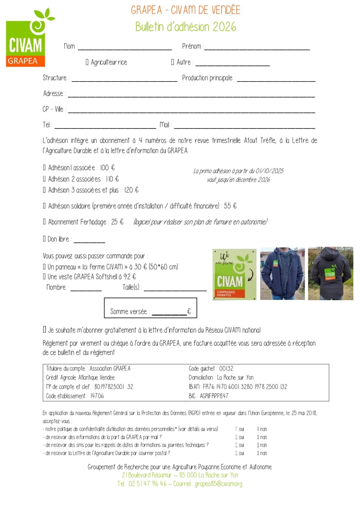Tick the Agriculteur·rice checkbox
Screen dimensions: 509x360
[87, 62]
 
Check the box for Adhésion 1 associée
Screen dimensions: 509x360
[44, 168]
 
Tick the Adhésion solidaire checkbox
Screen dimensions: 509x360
[44, 206]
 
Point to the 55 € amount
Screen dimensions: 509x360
[230, 206]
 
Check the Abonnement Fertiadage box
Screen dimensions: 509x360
[44, 222]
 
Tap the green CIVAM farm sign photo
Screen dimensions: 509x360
[234, 274]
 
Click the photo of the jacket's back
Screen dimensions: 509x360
[330, 274]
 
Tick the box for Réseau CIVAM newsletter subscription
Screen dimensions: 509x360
[44, 330]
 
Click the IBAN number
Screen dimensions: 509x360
[245, 387]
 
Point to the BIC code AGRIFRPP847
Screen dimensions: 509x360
[214, 396]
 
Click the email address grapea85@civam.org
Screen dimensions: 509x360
[218, 484]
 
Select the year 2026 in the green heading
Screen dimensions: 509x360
[224, 27]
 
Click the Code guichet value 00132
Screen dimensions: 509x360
[226, 368]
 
